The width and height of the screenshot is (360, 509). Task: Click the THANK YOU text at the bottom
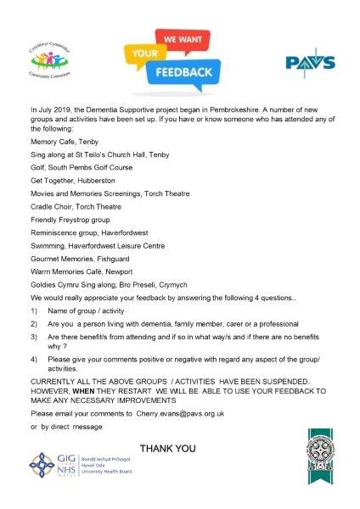(x=167, y=448)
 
